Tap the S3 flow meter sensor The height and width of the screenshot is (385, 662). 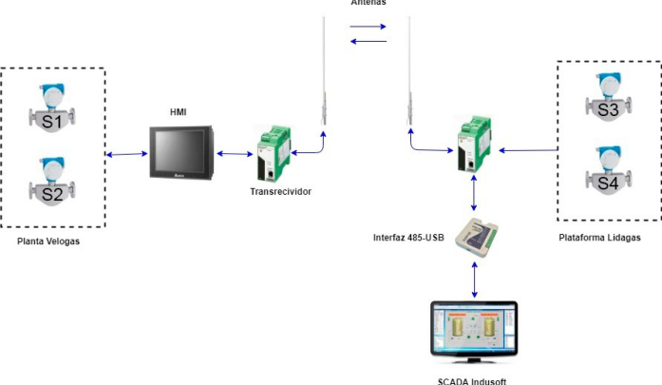click(608, 103)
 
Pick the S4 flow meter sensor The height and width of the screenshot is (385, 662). click(608, 171)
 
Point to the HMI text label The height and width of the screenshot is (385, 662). click(178, 112)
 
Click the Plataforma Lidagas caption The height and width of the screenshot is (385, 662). click(600, 236)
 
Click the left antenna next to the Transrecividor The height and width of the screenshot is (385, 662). click(324, 71)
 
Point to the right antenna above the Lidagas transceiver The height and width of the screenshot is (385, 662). click(410, 71)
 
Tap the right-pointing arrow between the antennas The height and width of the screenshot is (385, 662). click(369, 26)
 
